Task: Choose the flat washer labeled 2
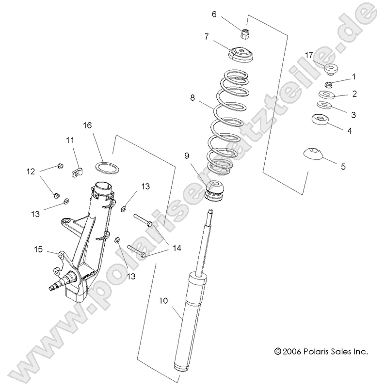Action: (326, 94)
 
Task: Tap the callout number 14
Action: (176, 248)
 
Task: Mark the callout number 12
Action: (31, 171)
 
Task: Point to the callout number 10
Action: (163, 301)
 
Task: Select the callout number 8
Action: (192, 98)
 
